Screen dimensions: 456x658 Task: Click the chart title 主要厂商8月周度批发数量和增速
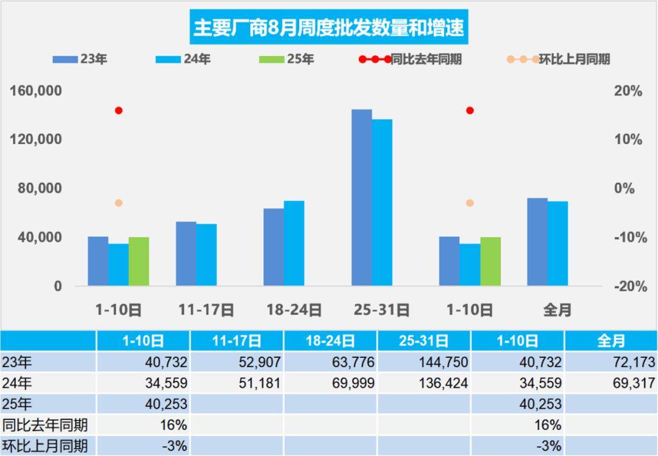point(328,27)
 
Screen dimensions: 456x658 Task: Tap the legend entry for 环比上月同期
point(574,59)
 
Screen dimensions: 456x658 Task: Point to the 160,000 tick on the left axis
point(36,91)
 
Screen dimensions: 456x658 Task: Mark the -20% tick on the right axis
point(627,287)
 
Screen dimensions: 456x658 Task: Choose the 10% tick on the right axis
point(628,140)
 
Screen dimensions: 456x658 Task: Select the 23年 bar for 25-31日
point(362,198)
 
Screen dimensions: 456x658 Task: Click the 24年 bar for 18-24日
point(294,243)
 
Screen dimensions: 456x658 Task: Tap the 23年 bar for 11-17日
point(186,254)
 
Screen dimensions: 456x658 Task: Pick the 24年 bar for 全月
point(557,243)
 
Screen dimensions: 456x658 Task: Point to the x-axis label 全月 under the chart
point(557,310)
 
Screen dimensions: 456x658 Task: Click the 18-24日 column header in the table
point(330,340)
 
